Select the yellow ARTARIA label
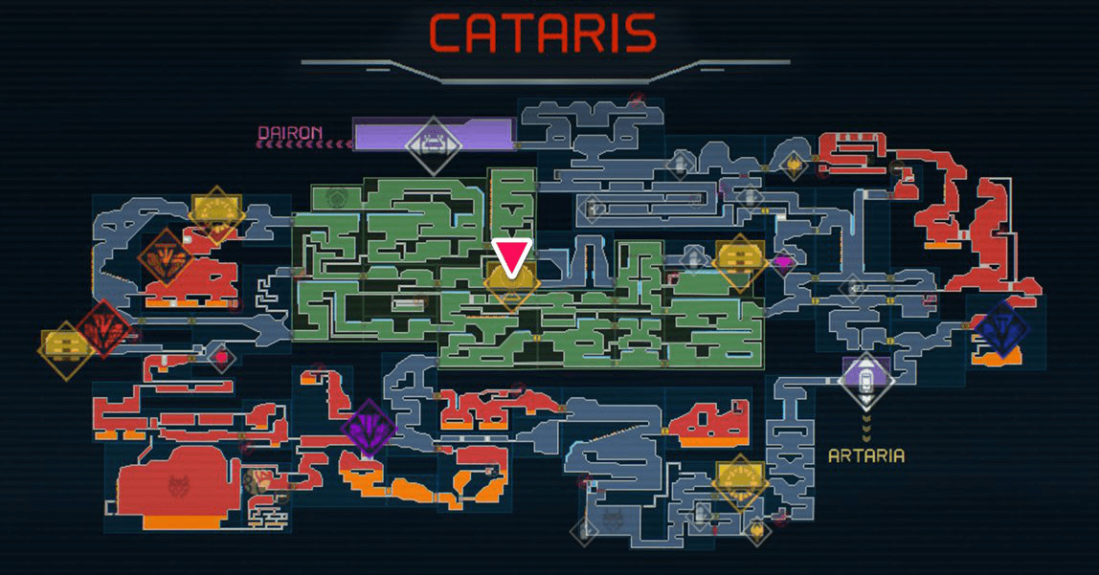866,454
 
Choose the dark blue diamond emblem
999,328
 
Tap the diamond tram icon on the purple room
434,144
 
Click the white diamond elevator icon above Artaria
866,379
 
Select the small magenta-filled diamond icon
784,261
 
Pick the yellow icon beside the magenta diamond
739,258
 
